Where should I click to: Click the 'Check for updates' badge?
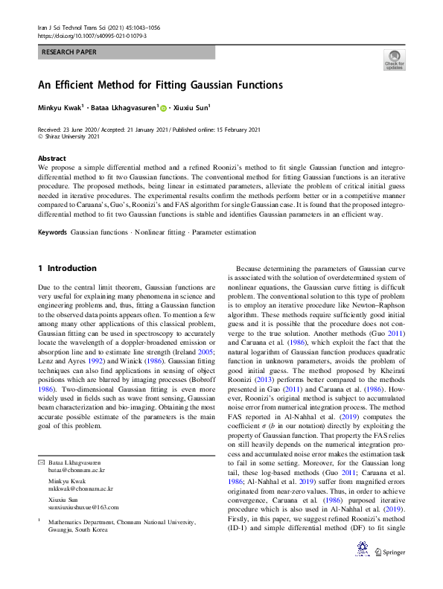[x=394, y=60]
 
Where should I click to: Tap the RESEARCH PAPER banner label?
[x=69, y=52]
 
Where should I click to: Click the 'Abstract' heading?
[x=52, y=159]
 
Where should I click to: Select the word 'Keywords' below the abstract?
[x=53, y=232]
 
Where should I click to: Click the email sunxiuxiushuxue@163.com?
[x=83, y=506]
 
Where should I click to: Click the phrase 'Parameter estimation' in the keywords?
[x=224, y=232]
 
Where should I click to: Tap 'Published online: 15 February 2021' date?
[x=208, y=130]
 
